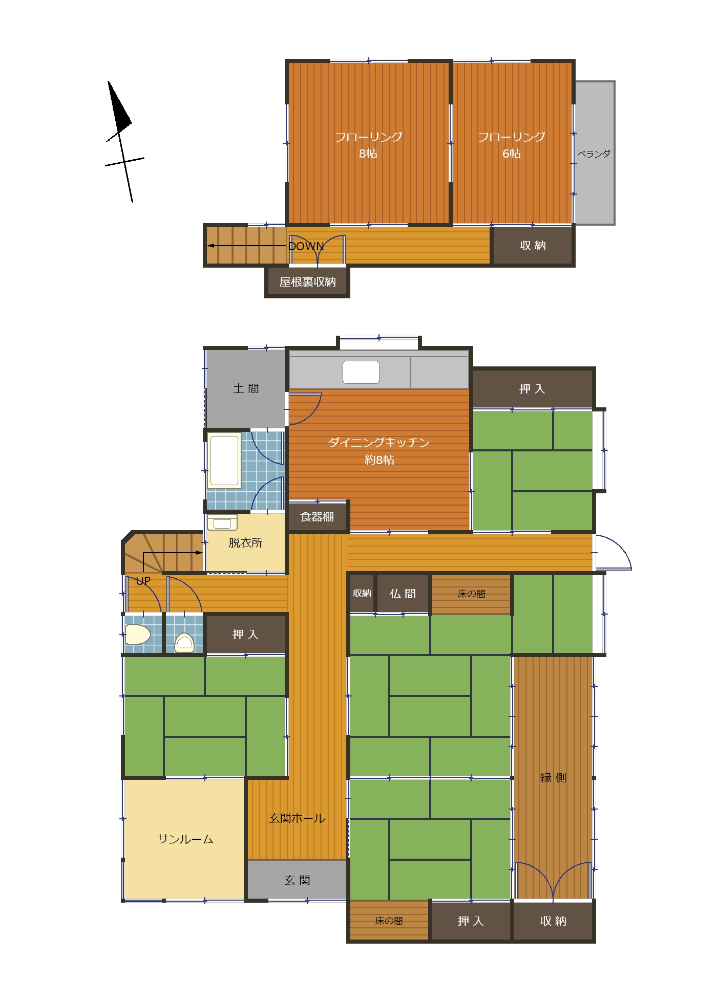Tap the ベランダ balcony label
click(x=594, y=154)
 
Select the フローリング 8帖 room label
click(x=369, y=145)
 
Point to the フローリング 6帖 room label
click(x=512, y=145)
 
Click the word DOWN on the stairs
click(x=306, y=246)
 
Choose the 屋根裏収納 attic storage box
click(x=307, y=282)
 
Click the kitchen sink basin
click(x=361, y=372)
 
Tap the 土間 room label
click(x=246, y=388)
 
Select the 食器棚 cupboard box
click(x=318, y=516)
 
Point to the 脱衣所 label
click(x=245, y=542)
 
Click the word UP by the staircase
click(x=143, y=581)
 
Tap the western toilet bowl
click(x=138, y=635)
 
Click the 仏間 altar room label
click(x=403, y=594)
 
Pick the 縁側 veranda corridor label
click(x=553, y=778)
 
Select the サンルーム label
click(x=185, y=839)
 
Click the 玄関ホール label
click(x=297, y=818)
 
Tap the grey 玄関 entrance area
click(x=297, y=880)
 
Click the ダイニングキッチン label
click(x=379, y=442)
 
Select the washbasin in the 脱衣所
click(x=222, y=523)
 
